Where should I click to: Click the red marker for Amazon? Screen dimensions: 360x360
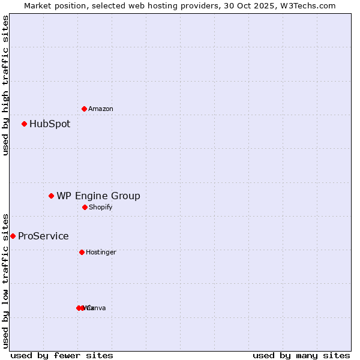84,109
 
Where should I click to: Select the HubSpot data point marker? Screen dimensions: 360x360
24,124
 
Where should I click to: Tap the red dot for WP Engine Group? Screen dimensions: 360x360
52,196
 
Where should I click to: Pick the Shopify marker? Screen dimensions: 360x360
85,207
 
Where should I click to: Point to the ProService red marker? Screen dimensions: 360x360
13,236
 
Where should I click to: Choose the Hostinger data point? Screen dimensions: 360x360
82,252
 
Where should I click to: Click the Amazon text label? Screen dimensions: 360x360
101,109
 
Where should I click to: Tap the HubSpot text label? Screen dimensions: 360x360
50,124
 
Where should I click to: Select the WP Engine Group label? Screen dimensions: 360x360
98,196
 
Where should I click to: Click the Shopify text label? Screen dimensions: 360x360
100,208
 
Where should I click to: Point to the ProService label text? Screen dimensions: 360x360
43,236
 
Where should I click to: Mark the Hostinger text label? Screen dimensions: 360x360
101,253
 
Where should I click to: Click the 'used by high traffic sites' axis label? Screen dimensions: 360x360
5,86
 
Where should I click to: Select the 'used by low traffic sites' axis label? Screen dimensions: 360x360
5,280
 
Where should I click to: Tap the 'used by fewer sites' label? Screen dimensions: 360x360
62,355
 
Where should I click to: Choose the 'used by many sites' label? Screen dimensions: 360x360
301,355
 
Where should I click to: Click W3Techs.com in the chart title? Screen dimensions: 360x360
307,5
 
